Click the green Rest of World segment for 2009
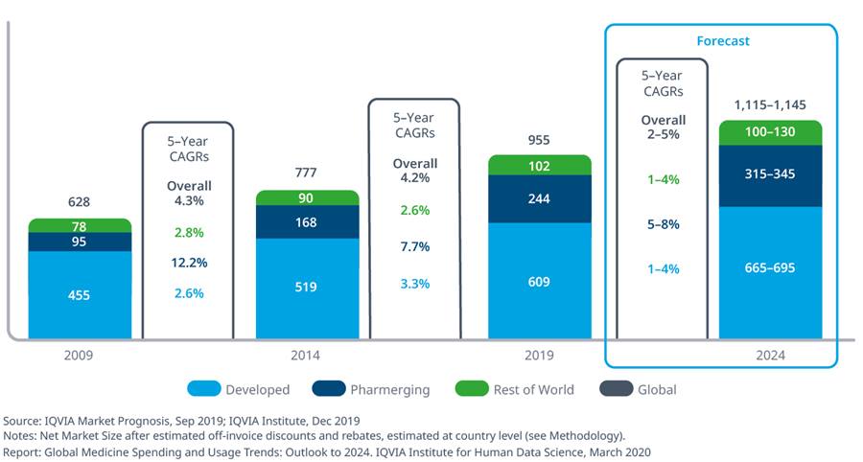tap(80, 225)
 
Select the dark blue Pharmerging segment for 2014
tap(307, 221)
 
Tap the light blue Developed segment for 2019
tap(539, 281)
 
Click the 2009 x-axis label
tap(79, 356)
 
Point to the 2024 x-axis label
tap(770, 356)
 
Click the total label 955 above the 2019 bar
tap(539, 140)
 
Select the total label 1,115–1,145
tap(770, 105)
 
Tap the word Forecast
tap(723, 41)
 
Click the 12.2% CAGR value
tap(189, 263)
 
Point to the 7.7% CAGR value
tap(414, 247)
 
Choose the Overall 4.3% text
tap(189, 193)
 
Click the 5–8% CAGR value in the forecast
tap(664, 224)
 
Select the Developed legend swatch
tap(203, 388)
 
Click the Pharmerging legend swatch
tap(329, 388)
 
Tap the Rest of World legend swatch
tap(472, 388)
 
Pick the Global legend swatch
tap(616, 388)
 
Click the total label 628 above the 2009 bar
tap(79, 202)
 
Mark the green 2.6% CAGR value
tap(414, 211)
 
